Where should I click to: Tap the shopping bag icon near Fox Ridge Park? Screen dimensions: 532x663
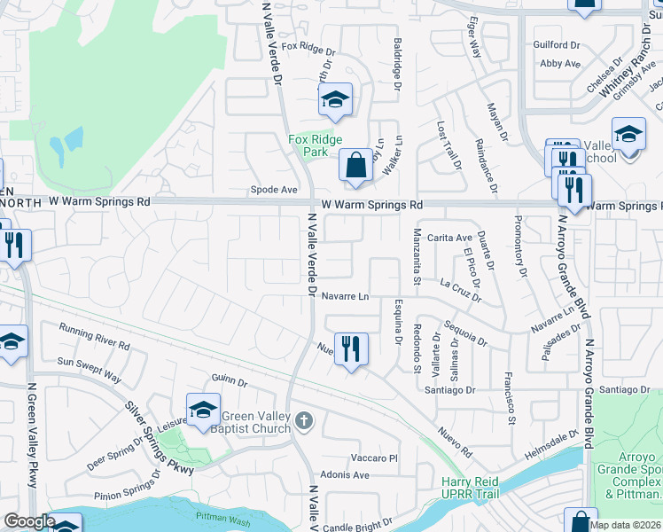355,166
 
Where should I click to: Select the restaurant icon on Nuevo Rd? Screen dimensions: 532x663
352,350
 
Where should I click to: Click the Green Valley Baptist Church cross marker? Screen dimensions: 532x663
304,420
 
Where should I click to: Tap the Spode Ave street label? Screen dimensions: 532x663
274,190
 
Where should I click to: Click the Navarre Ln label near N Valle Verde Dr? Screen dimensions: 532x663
345,296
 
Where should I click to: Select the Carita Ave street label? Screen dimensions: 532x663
450,238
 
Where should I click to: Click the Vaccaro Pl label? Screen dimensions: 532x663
375,458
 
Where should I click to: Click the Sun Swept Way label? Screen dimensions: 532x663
89,369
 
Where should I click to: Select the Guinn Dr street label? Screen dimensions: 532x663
230,380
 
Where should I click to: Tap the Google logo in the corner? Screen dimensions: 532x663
29,521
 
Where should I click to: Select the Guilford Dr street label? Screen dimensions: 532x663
556,44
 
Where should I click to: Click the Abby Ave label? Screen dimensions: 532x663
560,64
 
